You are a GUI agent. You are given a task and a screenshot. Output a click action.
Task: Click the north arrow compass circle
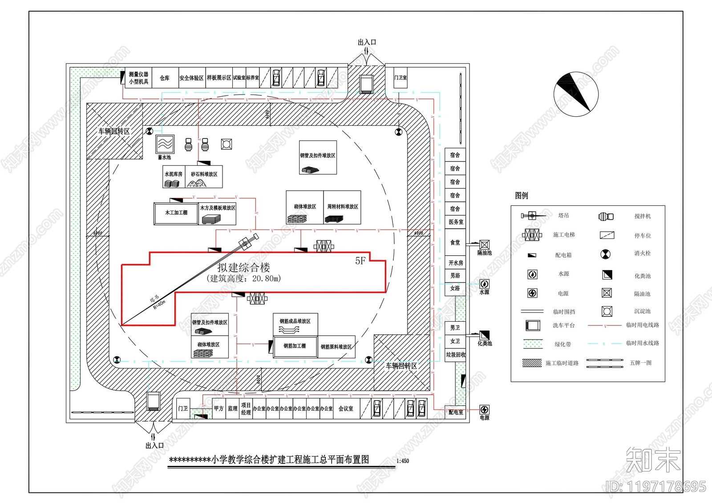pyautogui.click(x=576, y=94)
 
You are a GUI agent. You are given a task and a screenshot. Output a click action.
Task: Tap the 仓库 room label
pyautogui.click(x=165, y=78)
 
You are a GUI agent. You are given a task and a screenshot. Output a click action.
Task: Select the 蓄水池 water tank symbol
pyautogui.click(x=165, y=144)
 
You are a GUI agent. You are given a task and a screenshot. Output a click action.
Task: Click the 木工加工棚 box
pyautogui.click(x=176, y=213)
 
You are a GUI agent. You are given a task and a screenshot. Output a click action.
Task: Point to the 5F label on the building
pyautogui.click(x=360, y=261)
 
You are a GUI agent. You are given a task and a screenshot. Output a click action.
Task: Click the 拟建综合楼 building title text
pyautogui.click(x=244, y=267)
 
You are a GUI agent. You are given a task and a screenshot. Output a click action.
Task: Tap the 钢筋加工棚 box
pyautogui.click(x=295, y=346)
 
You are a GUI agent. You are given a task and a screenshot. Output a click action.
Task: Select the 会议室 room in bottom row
pyautogui.click(x=346, y=409)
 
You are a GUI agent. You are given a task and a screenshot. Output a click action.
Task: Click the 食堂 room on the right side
pyautogui.click(x=455, y=243)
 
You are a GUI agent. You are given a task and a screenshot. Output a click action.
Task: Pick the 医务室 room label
pyautogui.click(x=456, y=222)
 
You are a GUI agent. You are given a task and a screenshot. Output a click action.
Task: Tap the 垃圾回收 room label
pyautogui.click(x=456, y=355)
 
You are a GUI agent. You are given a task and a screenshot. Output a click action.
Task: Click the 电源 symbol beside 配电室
pyautogui.click(x=484, y=410)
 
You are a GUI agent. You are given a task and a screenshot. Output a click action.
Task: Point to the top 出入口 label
pyautogui.click(x=367, y=42)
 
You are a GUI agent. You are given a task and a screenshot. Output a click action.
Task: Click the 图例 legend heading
pyautogui.click(x=522, y=196)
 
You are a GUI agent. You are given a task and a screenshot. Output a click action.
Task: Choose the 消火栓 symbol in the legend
pyautogui.click(x=606, y=254)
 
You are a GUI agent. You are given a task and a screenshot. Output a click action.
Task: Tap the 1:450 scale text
pyautogui.click(x=402, y=461)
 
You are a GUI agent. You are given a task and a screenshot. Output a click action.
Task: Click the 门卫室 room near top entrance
pyautogui.click(x=400, y=78)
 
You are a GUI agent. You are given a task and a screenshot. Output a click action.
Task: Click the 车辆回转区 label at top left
pyautogui.click(x=114, y=131)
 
